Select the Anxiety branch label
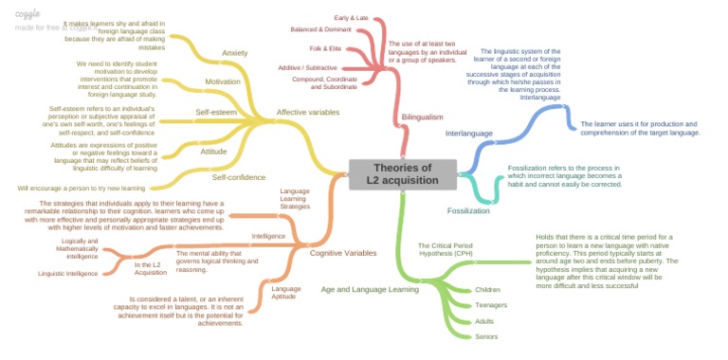[234, 52]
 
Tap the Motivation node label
[222, 81]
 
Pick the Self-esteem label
[216, 112]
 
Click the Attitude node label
[213, 151]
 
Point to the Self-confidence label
[232, 177]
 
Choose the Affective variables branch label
[308, 112]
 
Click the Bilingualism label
[422, 117]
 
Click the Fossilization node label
[468, 210]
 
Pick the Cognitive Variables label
[343, 253]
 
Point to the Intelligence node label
[268, 235]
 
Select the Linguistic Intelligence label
[68, 274]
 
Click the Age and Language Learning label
[370, 289]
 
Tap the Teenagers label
[491, 305]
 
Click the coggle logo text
[28, 13]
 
